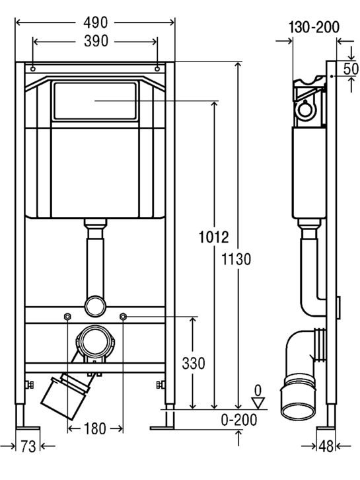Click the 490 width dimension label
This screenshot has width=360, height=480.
(x=96, y=22)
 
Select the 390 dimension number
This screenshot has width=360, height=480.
(x=96, y=41)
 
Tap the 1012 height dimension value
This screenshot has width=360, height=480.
(x=214, y=237)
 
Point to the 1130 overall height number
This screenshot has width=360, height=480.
(x=236, y=259)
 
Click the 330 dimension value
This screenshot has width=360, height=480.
(x=194, y=364)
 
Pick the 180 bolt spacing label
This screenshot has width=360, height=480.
(x=95, y=428)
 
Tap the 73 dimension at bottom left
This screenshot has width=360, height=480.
(x=28, y=447)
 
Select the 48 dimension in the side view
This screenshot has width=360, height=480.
(x=326, y=447)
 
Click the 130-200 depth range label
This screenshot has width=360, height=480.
(x=314, y=27)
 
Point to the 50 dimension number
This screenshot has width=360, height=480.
(x=351, y=69)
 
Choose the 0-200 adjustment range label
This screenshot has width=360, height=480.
(x=239, y=420)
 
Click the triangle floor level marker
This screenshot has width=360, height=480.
(x=258, y=403)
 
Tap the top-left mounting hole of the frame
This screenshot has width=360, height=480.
(x=33, y=69)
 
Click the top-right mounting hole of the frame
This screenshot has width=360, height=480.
(x=157, y=69)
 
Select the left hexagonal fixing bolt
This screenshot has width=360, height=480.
(x=67, y=316)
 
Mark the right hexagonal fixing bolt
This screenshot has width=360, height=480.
(x=123, y=316)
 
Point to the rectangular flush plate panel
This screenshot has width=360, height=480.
(x=95, y=100)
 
